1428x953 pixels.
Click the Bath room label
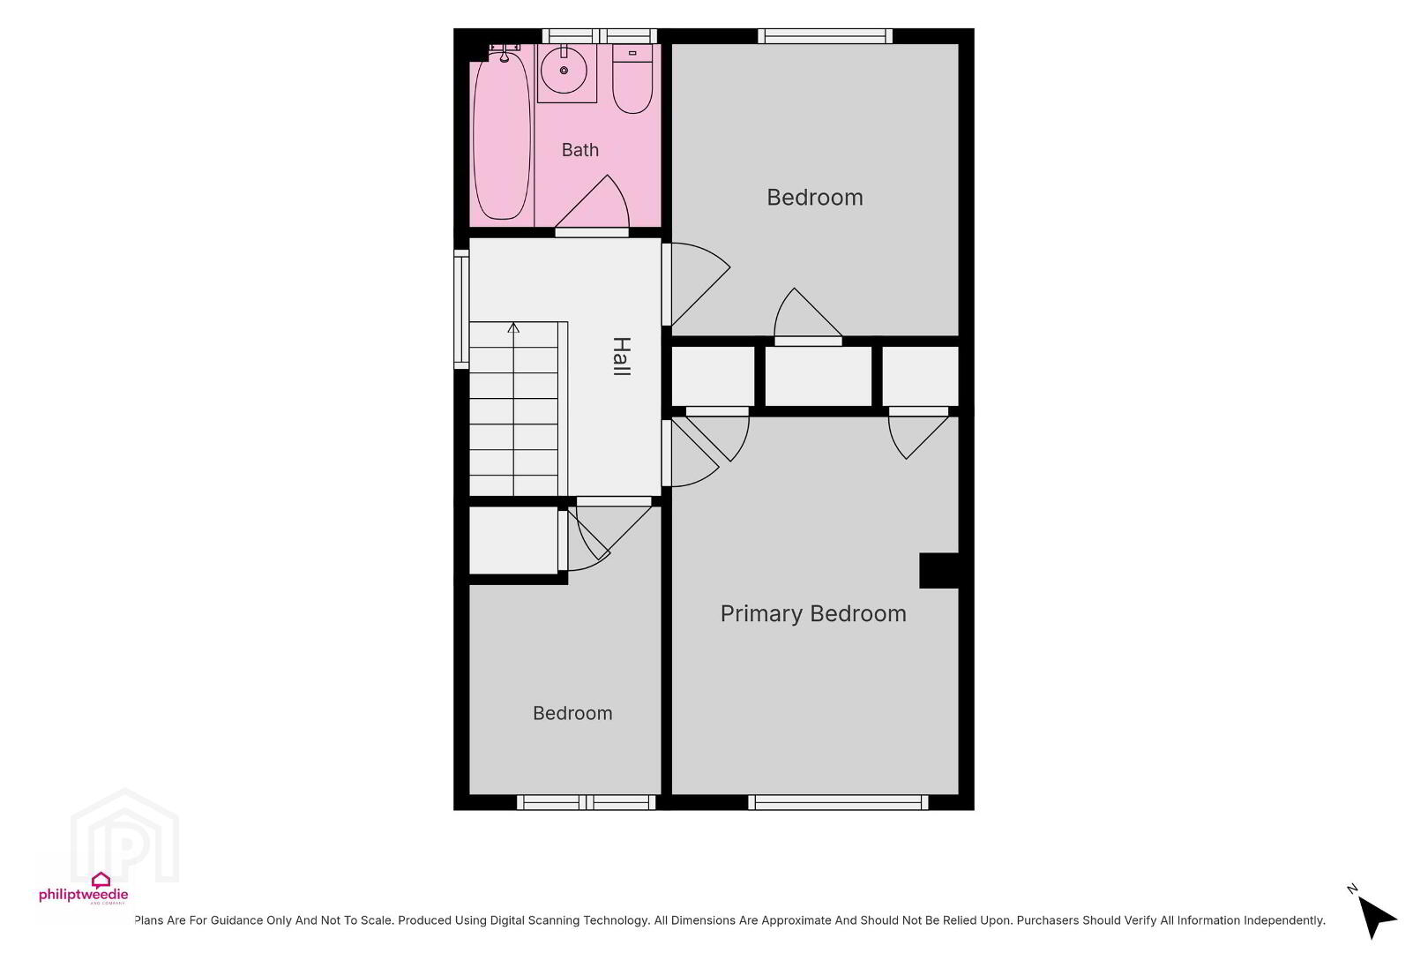[580, 150]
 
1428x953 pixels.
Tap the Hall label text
[622, 356]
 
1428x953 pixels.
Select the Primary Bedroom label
[813, 613]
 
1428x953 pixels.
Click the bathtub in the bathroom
[502, 135]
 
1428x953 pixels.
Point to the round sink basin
[564, 70]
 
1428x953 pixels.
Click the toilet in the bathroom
[632, 79]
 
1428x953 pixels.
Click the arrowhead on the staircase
[513, 328]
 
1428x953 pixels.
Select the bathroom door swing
[592, 204]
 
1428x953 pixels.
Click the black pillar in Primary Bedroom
[939, 570]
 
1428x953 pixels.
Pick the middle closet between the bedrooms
[818, 377]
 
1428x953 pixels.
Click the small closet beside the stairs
[514, 540]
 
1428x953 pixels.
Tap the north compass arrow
[1377, 918]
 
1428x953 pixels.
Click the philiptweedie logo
[84, 889]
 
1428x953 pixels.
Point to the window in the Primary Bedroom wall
[838, 802]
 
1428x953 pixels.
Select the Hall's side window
[461, 310]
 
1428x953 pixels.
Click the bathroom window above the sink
[599, 35]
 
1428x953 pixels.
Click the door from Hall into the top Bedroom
[696, 284]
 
